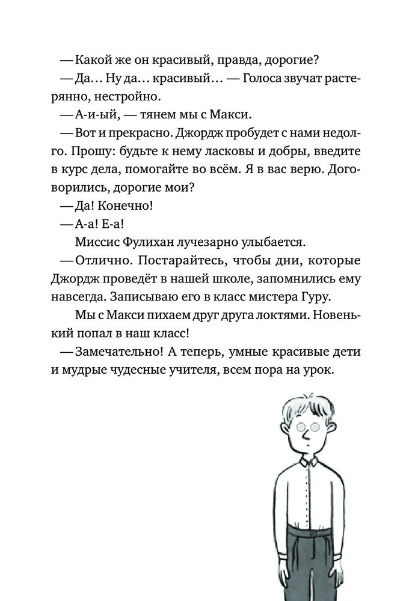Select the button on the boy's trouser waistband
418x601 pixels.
[x=312, y=533]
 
